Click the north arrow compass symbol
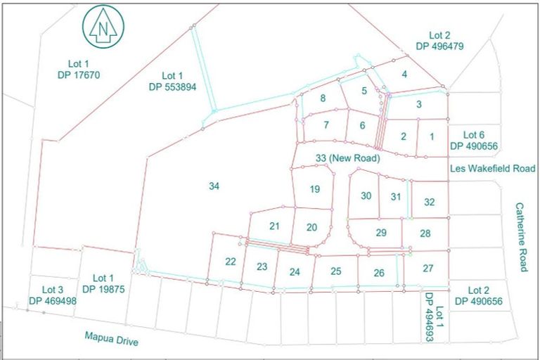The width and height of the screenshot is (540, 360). (x=104, y=27)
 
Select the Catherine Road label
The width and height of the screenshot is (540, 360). (x=520, y=237)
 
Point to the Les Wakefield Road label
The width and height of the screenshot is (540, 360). (x=493, y=169)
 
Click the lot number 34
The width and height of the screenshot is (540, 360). (x=214, y=186)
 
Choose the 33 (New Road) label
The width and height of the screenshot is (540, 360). (x=348, y=159)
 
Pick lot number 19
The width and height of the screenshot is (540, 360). (x=314, y=188)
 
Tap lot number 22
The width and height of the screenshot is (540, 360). (x=230, y=262)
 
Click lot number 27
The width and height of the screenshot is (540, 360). (x=428, y=267)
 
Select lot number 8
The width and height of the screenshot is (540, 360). (x=323, y=98)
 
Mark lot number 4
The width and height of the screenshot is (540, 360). (x=404, y=75)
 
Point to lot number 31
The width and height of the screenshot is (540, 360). (x=396, y=197)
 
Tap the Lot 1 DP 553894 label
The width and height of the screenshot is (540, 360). (x=172, y=82)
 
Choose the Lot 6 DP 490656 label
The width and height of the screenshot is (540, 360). (x=476, y=140)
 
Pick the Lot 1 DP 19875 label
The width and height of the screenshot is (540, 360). (x=103, y=283)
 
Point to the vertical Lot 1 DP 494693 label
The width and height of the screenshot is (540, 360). (x=434, y=316)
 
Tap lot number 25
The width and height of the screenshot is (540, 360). (x=336, y=271)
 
